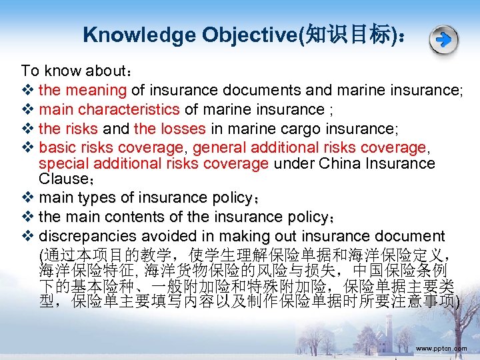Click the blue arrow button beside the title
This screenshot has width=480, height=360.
click(x=443, y=41)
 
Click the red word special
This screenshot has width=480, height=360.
click(x=63, y=163)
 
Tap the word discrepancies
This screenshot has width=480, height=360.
click(x=84, y=237)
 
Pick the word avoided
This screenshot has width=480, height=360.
click(x=161, y=237)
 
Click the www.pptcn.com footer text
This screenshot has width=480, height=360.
click(x=441, y=349)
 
